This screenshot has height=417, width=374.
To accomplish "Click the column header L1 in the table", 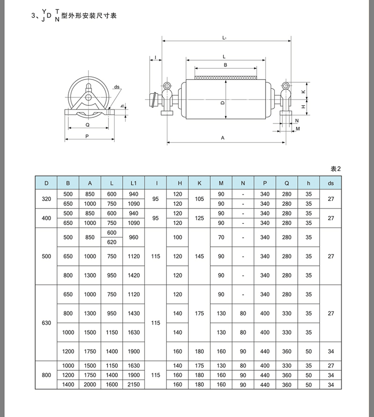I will tap(134, 183).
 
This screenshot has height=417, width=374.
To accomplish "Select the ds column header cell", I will tap(331, 183).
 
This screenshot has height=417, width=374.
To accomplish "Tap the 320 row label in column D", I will tap(46, 199).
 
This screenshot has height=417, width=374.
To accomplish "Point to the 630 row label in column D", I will tap(46, 323).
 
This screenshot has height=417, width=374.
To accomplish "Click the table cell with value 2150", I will tap(134, 384).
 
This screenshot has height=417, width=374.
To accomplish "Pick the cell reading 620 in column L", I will tap(112, 242).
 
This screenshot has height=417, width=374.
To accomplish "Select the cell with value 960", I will tap(134, 237).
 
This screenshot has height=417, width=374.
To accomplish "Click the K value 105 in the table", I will tap(200, 199).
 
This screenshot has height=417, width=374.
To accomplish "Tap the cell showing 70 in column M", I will tap(221, 237).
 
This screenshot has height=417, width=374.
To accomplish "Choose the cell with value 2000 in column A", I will tap(90, 384).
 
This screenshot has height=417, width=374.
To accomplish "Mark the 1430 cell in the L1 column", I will tap(134, 313).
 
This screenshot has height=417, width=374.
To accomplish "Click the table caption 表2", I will tap(337, 168).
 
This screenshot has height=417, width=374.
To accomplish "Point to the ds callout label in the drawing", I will tap(117, 86).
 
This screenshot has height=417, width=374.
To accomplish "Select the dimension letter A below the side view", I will tap(223, 138).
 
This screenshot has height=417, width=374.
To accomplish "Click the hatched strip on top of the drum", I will tap(225, 76).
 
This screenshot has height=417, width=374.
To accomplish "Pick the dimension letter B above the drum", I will tap(225, 65).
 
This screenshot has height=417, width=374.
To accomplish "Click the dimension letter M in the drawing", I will tap(298, 128).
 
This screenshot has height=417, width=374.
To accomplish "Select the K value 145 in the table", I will tap(200, 256).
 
